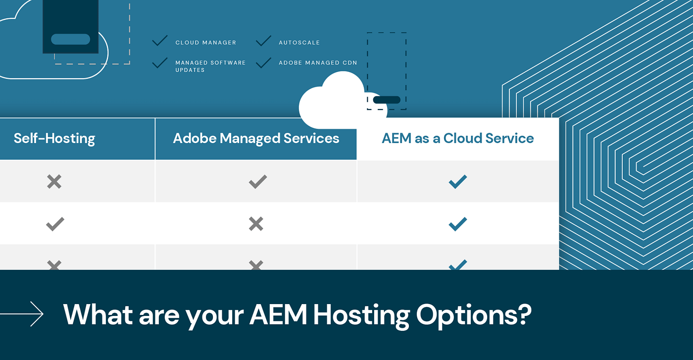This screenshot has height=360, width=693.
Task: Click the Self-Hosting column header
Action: (x=54, y=139)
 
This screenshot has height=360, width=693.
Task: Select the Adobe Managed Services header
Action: (x=256, y=139)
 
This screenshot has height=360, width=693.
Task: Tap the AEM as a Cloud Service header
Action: (x=457, y=139)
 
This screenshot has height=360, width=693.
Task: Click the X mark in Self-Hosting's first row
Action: (x=54, y=182)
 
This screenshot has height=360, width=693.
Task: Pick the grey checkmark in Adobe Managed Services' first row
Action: (x=257, y=182)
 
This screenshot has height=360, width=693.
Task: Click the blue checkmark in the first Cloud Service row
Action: (x=457, y=182)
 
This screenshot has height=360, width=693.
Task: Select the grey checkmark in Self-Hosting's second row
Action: (x=55, y=224)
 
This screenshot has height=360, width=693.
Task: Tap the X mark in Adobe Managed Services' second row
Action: (x=256, y=224)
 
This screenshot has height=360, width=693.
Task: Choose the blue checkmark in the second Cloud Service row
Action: (x=457, y=224)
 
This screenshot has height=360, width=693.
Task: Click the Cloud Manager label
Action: (x=205, y=43)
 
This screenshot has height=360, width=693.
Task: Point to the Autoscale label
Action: (x=299, y=43)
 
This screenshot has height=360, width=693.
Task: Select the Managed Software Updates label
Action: (x=210, y=66)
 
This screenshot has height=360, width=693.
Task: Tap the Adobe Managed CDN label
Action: (x=318, y=63)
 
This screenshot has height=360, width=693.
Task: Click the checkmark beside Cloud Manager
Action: (x=159, y=41)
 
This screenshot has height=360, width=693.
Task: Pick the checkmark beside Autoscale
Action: (x=263, y=41)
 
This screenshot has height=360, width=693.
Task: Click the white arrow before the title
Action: (x=22, y=314)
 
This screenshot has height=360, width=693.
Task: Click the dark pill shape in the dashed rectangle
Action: (x=387, y=100)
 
